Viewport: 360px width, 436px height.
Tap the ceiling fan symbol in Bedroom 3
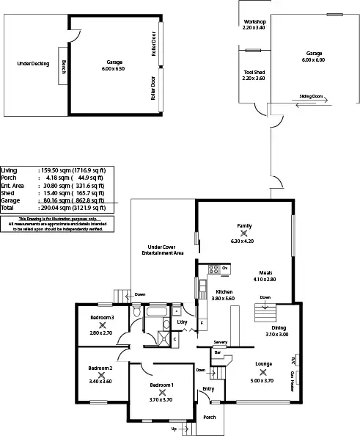[101, 324]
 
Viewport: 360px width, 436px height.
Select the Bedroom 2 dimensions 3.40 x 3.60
[100, 382]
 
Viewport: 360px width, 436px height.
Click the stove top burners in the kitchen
[214, 269]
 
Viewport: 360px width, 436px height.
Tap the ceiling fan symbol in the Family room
[244, 233]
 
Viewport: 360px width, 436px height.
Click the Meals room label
[265, 272]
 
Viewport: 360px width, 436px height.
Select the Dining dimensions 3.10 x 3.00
[277, 335]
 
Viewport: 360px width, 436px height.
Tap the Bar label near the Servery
[217, 352]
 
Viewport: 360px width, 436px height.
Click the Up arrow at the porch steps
[174, 428]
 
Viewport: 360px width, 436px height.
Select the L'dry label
[182, 322]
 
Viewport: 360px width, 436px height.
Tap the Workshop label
[254, 23]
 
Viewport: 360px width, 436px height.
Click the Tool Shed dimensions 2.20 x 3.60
[254, 78]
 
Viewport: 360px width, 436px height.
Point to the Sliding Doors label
[312, 95]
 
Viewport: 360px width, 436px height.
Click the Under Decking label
[33, 64]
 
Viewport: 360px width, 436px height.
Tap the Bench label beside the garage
[64, 67]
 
